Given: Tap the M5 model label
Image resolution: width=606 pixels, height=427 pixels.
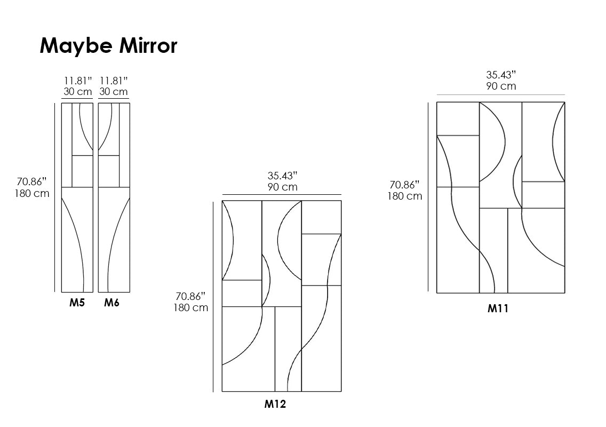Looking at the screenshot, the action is (x=77, y=303).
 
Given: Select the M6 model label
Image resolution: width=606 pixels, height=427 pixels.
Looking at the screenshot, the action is (x=111, y=303).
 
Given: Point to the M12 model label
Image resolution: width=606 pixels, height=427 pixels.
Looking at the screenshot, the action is (x=275, y=404).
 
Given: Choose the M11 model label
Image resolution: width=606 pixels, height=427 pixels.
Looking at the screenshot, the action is (x=498, y=309).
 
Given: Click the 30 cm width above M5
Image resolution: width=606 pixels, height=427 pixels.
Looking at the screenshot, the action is (x=78, y=92).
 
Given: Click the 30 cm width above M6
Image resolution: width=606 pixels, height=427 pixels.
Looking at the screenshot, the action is (x=113, y=92).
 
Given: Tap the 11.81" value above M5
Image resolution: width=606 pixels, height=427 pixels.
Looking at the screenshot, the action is (x=78, y=81).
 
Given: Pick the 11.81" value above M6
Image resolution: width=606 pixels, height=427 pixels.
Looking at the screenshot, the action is (x=114, y=81).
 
